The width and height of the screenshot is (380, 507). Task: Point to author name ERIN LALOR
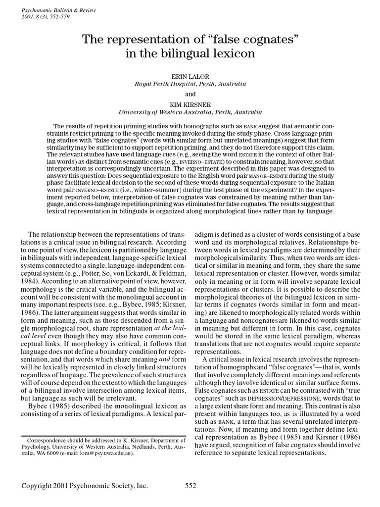coord(190,77)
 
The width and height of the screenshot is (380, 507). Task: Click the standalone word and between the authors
coord(190,94)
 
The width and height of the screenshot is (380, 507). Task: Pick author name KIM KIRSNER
coord(190,105)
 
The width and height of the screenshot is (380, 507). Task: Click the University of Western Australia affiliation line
coord(190,112)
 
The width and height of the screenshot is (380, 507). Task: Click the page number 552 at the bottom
coord(191,486)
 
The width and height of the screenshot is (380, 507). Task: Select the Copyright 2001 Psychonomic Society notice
coord(84,486)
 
